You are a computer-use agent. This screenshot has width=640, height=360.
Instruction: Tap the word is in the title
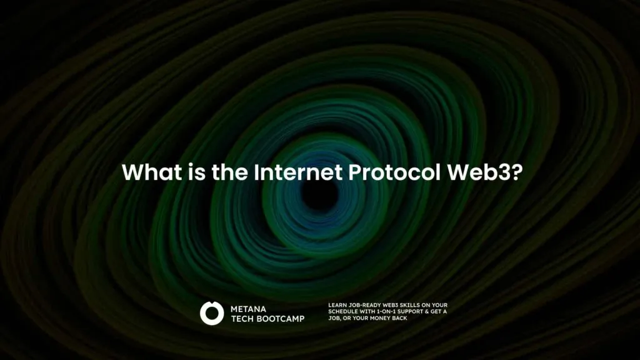[197, 172]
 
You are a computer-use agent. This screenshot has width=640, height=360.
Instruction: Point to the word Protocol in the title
[394, 172]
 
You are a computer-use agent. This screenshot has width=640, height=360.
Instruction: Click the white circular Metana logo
[212, 313]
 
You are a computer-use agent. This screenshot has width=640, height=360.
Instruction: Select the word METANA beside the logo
[248, 309]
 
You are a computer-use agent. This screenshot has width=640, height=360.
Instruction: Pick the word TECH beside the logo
[241, 319]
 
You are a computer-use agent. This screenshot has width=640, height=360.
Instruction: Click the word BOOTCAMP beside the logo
[279, 319]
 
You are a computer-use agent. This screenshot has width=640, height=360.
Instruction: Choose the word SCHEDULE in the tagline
[344, 311]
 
